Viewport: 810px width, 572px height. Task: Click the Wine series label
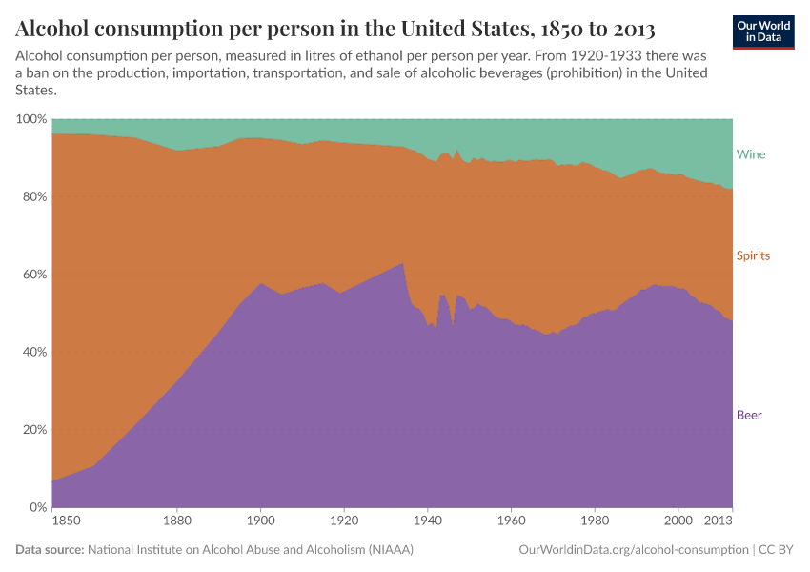pyautogui.click(x=750, y=154)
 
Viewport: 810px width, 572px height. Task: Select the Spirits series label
pyautogui.click(x=753, y=256)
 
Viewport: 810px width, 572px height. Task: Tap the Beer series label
pyautogui.click(x=749, y=415)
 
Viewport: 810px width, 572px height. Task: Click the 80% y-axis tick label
pyautogui.click(x=33, y=197)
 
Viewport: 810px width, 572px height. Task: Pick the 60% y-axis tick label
pyautogui.click(x=33, y=275)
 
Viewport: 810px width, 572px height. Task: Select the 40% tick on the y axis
pyautogui.click(x=33, y=353)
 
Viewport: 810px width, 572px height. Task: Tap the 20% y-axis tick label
pyautogui.click(x=33, y=430)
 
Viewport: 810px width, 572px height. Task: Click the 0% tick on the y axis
pyautogui.click(x=36, y=507)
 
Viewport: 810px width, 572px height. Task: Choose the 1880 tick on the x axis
pyautogui.click(x=177, y=521)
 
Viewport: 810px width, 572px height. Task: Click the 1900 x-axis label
pyautogui.click(x=261, y=521)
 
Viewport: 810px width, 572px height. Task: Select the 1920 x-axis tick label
pyautogui.click(x=344, y=521)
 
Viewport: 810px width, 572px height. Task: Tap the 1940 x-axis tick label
pyautogui.click(x=428, y=521)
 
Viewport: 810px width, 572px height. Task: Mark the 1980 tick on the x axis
pyautogui.click(x=595, y=521)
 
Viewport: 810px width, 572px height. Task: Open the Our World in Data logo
pyautogui.click(x=763, y=31)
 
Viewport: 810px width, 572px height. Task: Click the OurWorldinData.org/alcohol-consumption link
pyautogui.click(x=634, y=550)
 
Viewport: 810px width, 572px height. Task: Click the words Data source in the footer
pyautogui.click(x=50, y=550)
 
